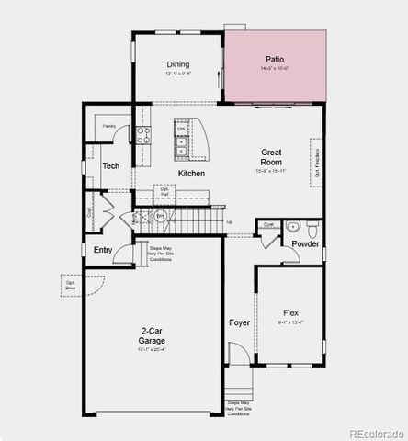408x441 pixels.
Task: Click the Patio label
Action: [276, 58]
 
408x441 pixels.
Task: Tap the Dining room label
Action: [178, 64]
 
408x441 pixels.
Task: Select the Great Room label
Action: [271, 158]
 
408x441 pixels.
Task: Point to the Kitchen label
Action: [191, 173]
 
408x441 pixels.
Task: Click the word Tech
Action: [110, 166]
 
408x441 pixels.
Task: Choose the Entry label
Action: [102, 250]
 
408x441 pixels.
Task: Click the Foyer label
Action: [239, 323]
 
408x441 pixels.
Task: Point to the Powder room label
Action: [305, 243]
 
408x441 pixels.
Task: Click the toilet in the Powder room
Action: [312, 226]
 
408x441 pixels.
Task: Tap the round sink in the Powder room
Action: [293, 225]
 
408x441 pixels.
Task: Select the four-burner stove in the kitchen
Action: [143, 135]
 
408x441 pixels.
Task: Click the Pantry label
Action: [109, 125]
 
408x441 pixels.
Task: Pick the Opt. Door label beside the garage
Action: [70, 286]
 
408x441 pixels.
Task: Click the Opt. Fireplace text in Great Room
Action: [317, 163]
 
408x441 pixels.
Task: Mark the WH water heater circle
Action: [159, 215]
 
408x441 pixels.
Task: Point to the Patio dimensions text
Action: [276, 68]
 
